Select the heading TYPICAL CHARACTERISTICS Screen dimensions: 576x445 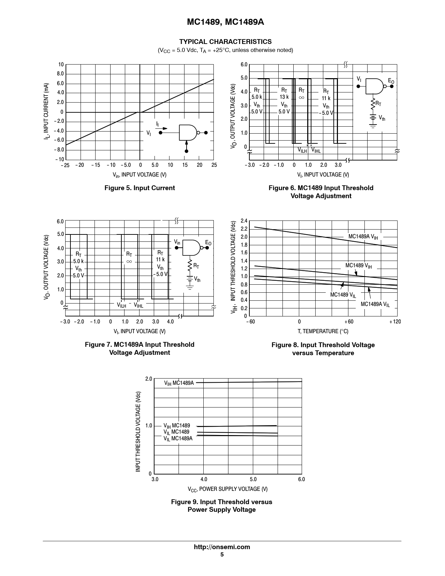225,42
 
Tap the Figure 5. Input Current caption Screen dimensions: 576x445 139,188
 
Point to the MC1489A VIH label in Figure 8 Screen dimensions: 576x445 363,237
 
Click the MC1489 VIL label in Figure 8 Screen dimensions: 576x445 343,295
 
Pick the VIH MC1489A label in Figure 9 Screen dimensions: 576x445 179,383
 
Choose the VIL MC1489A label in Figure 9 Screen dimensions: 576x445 178,439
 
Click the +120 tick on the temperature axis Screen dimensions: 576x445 395,322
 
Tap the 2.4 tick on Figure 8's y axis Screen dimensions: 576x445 244,221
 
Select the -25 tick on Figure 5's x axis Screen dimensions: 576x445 65,165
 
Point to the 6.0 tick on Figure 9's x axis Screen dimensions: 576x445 301,479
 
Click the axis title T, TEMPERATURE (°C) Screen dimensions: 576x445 323,331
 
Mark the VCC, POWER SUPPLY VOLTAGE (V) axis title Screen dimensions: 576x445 228,489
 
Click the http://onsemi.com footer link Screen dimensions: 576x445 222,547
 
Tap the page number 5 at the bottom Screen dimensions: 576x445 222,555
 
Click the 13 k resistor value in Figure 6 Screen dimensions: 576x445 284,97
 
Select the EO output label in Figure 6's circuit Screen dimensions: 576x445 391,82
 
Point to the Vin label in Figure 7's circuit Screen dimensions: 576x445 177,242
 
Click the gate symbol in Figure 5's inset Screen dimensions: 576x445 188,133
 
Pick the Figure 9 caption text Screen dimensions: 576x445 222,506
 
